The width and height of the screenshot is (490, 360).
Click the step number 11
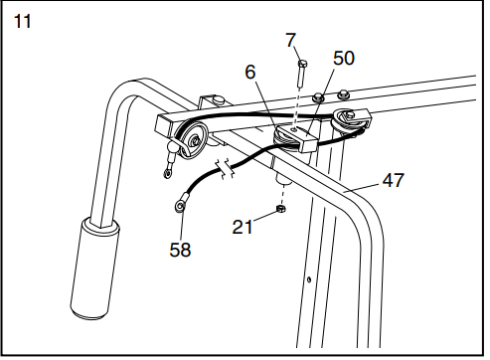pyautogui.click(x=23, y=19)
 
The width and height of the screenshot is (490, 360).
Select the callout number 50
pyautogui.click(x=343, y=59)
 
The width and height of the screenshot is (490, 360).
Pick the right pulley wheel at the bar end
pyautogui.click(x=351, y=119)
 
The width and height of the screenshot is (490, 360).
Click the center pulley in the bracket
pyautogui.click(x=288, y=134)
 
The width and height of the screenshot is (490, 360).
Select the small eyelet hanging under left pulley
pyautogui.click(x=169, y=173)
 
